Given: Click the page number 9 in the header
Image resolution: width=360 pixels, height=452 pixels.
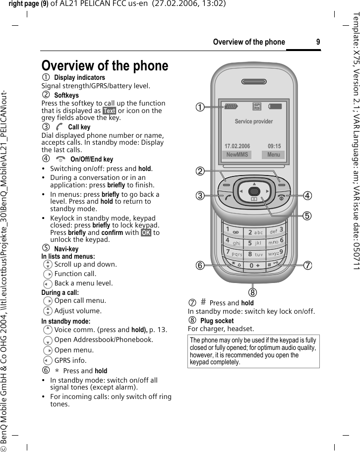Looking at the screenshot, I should (317, 42).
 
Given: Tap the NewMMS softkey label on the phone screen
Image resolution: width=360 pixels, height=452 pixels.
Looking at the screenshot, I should (237, 155).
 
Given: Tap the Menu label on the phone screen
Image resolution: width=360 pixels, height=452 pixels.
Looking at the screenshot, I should (273, 155).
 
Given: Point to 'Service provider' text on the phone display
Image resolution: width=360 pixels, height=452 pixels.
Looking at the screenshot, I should (253, 121).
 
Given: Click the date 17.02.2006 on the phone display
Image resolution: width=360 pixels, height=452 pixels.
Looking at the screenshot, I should (238, 147).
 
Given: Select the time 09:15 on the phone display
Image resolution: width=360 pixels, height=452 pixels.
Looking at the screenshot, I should (274, 147).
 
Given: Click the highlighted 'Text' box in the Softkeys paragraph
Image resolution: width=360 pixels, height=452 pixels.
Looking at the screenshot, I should (109, 111).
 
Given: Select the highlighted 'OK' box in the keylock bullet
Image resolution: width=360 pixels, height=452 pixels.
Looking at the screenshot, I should (147, 233).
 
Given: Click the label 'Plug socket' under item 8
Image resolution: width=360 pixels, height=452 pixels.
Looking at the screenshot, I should (217, 348).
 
